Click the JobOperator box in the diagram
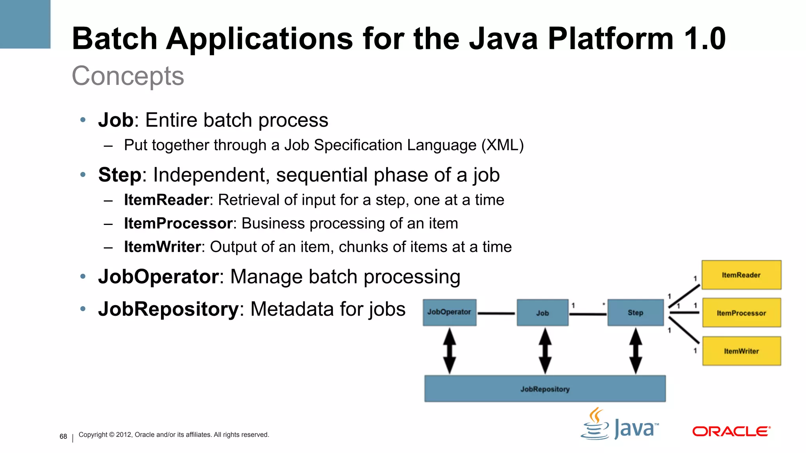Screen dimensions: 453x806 (x=449, y=313)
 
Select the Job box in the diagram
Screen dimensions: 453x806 (x=542, y=313)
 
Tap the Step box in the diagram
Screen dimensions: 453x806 (x=635, y=313)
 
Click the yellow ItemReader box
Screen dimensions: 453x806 (x=741, y=275)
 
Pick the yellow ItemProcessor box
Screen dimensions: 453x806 (x=741, y=313)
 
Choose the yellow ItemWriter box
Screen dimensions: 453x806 (x=741, y=351)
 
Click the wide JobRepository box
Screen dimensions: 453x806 (x=545, y=389)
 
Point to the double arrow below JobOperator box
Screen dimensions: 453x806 (x=449, y=351)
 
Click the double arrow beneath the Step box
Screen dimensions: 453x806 (x=636, y=351)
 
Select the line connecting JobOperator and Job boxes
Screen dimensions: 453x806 (x=496, y=313)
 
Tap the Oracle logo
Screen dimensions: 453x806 (x=731, y=431)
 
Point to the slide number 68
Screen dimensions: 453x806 (x=63, y=436)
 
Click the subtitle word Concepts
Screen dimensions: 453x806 (x=128, y=76)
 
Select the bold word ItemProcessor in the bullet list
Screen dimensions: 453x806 (x=178, y=223)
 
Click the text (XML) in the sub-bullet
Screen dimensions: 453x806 (x=503, y=145)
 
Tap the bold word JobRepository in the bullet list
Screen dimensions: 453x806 (x=168, y=309)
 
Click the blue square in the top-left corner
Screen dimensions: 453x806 (x=25, y=24)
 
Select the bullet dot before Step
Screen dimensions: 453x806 (x=83, y=175)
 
